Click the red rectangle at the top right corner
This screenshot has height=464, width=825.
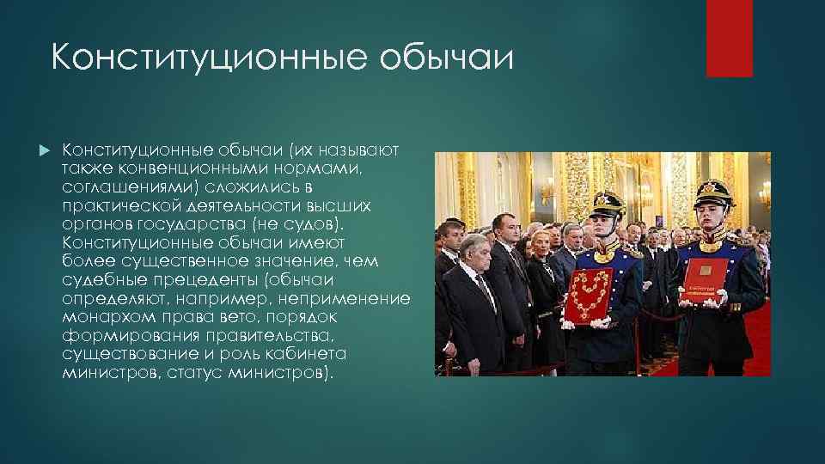729,38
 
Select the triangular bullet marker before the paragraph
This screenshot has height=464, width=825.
46,152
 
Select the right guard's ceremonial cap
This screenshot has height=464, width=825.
716,187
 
